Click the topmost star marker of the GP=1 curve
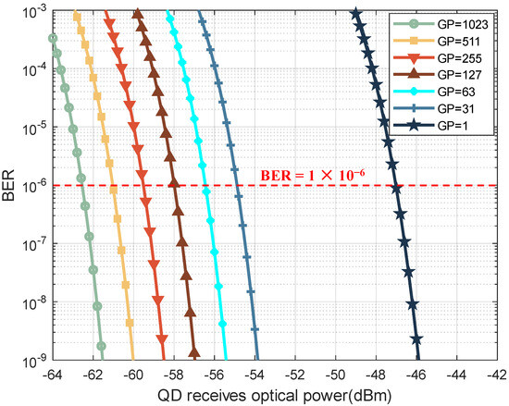[356, 14]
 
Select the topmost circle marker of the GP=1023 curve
[53, 38]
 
